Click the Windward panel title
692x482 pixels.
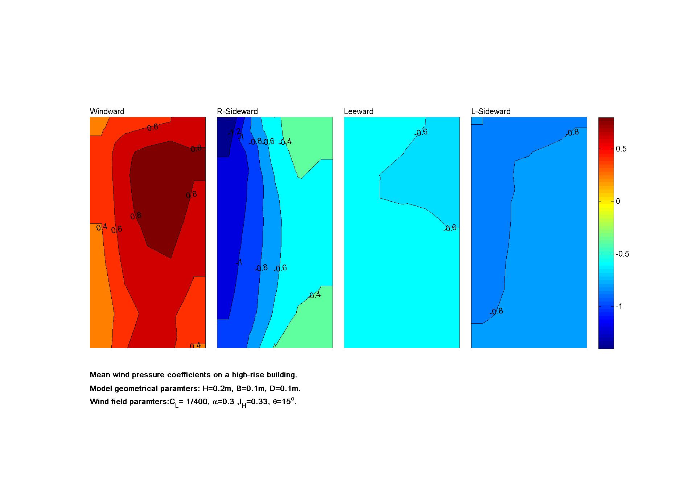[x=107, y=112]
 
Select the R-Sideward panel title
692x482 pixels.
[x=237, y=112]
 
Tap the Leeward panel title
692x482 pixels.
[x=358, y=112]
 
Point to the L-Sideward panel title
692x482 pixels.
[x=491, y=112]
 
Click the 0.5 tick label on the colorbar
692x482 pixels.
[x=621, y=149]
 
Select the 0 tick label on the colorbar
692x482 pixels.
[x=618, y=201]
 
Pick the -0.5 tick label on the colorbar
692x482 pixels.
[x=622, y=254]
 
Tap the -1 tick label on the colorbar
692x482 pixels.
[x=619, y=307]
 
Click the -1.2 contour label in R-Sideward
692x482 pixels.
[x=234, y=132]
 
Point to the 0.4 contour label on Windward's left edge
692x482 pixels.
[x=102, y=227]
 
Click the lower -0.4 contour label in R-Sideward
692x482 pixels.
[x=314, y=295]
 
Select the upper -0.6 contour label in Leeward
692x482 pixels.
[x=421, y=133]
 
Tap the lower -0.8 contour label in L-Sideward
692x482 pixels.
[x=496, y=311]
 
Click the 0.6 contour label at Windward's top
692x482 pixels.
[x=153, y=127]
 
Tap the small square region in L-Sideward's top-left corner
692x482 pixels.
[x=477, y=121]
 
